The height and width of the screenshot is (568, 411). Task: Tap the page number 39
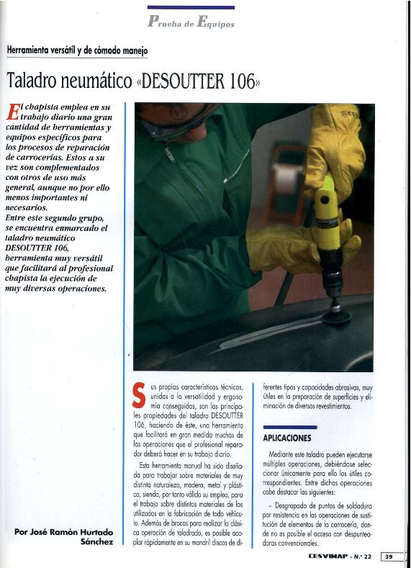click(389, 556)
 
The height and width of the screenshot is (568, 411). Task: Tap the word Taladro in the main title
click(35, 81)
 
